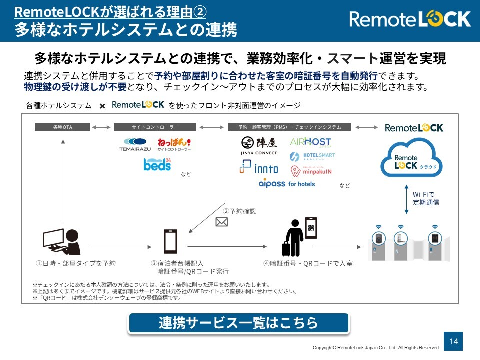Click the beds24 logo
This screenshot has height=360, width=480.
click(157, 164)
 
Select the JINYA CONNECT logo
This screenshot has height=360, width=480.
click(258, 145)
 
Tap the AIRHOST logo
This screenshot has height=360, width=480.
click(310, 142)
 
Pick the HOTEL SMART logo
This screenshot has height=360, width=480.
click(313, 156)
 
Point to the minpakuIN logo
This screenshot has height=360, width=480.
click(311, 171)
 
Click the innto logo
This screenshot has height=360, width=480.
click(258, 167)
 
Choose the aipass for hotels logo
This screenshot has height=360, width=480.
click(287, 183)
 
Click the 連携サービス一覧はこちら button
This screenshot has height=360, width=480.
click(238, 323)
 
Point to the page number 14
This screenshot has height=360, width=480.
click(454, 341)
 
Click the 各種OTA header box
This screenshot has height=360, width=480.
click(63, 127)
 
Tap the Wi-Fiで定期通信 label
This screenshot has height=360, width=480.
click(426, 198)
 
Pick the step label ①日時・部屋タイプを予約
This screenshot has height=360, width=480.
click(75, 263)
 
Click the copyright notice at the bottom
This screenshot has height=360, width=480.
click(376, 348)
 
